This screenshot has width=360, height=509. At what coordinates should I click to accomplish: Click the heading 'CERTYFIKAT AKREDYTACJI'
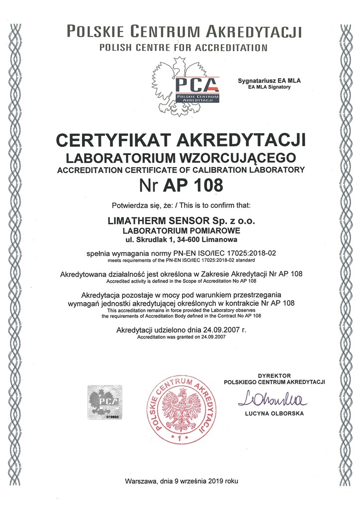tap(181, 141)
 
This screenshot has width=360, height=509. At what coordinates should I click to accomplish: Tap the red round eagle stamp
tap(181, 408)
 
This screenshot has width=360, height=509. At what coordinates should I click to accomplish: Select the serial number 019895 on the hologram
tap(114, 418)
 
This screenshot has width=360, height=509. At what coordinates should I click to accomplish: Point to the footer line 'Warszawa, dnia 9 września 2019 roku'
tap(182, 481)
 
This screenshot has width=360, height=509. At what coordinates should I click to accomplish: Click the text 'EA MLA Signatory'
tap(269, 86)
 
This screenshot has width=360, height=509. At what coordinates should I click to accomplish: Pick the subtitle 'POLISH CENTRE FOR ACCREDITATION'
tap(183, 48)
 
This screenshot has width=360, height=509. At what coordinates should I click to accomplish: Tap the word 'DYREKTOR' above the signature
tap(274, 375)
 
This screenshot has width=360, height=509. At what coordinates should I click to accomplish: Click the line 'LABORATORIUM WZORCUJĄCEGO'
tap(181, 158)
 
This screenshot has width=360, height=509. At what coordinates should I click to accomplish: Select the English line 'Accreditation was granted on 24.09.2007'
tap(181, 338)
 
